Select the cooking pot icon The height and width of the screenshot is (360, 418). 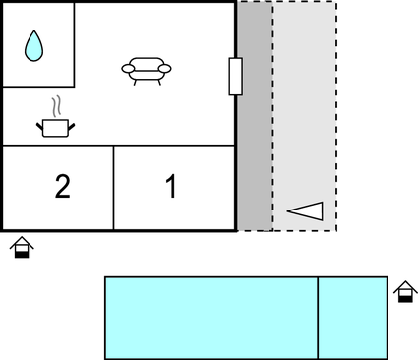pyautogui.click(x=56, y=126)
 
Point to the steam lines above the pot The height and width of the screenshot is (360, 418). pyautogui.click(x=57, y=104)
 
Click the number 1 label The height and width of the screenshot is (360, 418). pyautogui.click(x=171, y=187)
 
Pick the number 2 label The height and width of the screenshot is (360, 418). pyautogui.click(x=62, y=187)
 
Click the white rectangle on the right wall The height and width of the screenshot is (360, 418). pyautogui.click(x=235, y=77)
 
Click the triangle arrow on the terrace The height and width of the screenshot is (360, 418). pyautogui.click(x=306, y=210)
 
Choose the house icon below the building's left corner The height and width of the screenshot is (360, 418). pyautogui.click(x=22, y=248)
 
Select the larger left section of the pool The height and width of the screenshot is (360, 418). pyautogui.click(x=210, y=318)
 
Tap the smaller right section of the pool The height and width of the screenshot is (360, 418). pyautogui.click(x=352, y=318)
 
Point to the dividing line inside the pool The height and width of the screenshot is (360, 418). pyautogui.click(x=318, y=318)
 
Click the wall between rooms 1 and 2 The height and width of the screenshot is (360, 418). pyautogui.click(x=114, y=187)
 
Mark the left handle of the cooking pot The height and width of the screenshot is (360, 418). pyautogui.click(x=39, y=123)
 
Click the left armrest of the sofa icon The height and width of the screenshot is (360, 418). pyautogui.click(x=126, y=67)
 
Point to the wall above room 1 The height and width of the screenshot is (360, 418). pyautogui.click(x=175, y=146)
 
